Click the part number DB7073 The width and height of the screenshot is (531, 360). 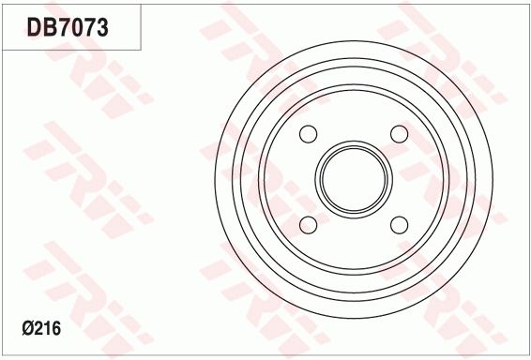[x=68, y=28]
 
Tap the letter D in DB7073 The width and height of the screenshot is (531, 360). [x=34, y=28]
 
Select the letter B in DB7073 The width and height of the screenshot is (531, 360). [x=48, y=28]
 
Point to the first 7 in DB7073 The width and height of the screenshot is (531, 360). [x=62, y=28]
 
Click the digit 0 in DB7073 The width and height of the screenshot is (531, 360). [x=75, y=28]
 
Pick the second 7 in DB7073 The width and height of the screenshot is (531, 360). [x=88, y=28]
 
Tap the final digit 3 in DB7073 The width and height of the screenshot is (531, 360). [x=101, y=28]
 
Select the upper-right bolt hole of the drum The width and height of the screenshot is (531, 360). [x=399, y=134]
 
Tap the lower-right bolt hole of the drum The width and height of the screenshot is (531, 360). [x=399, y=225]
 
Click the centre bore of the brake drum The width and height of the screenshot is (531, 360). [x=354, y=180]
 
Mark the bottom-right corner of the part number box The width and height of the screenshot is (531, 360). [x=142, y=49]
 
